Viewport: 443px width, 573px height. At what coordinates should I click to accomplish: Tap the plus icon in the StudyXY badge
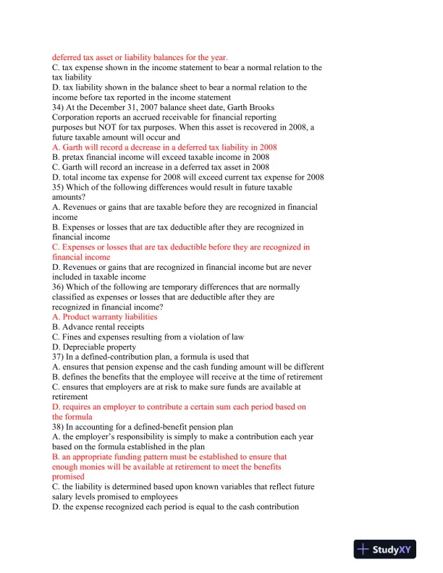(x=363, y=550)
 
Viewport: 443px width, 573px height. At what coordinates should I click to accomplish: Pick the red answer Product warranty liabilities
(x=109, y=317)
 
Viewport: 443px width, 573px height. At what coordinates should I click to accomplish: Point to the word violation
(x=205, y=337)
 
